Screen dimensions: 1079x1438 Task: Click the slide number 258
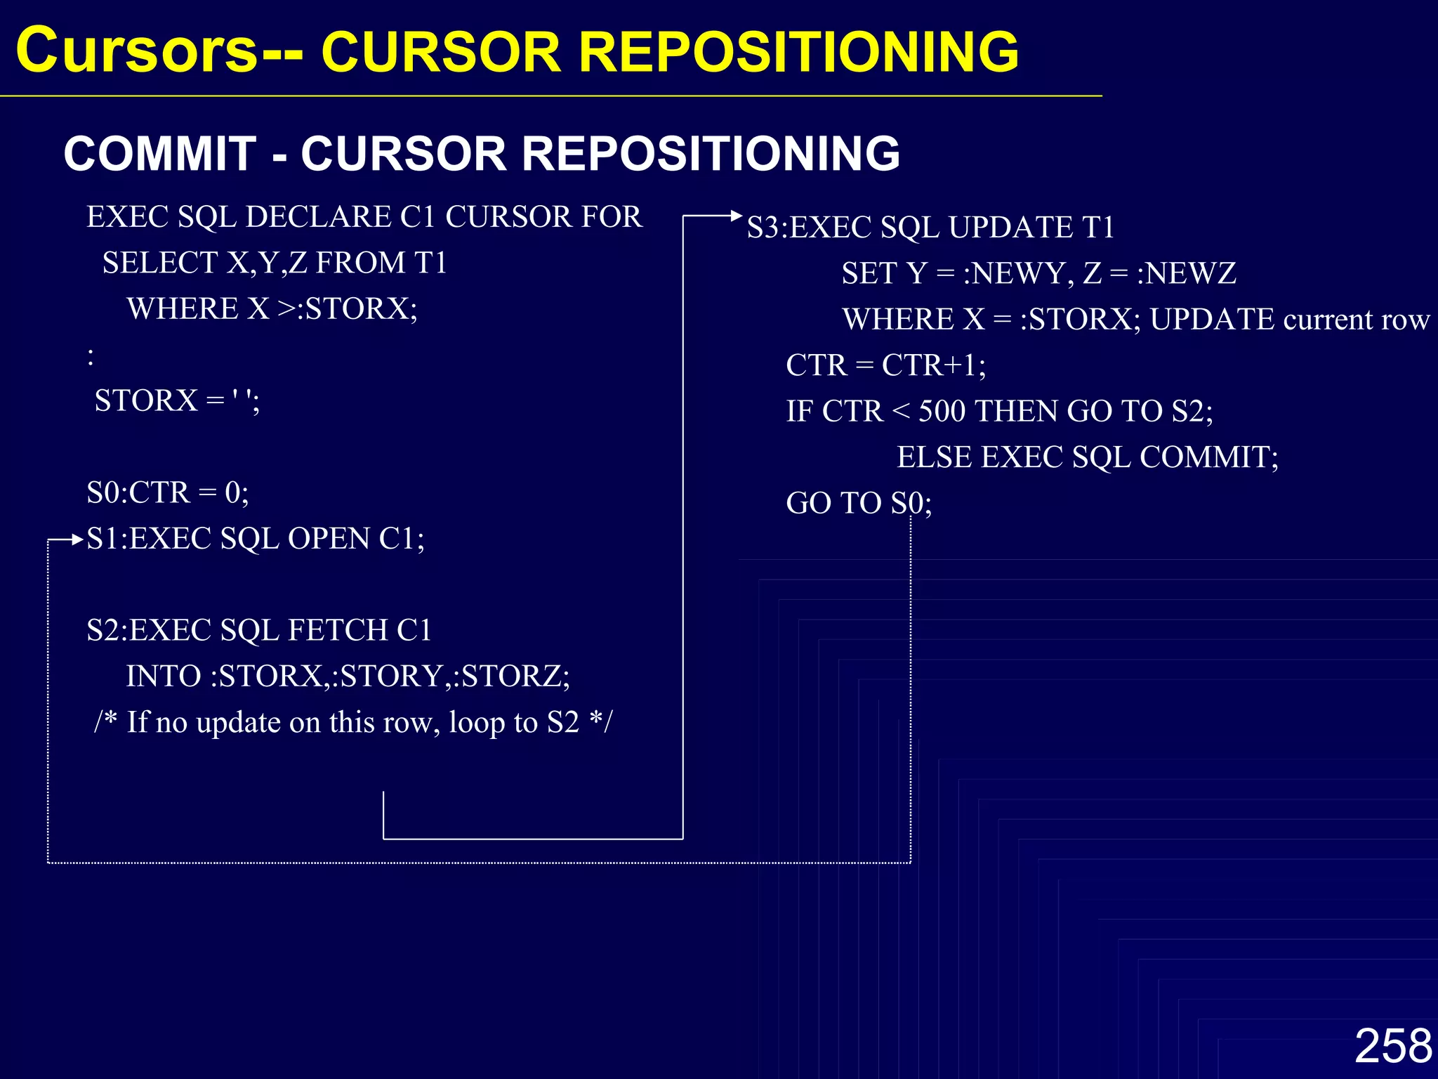click(1393, 1045)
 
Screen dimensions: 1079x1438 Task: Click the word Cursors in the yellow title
click(137, 51)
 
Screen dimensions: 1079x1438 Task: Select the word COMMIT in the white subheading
click(160, 153)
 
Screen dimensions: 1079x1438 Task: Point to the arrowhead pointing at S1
click(77, 539)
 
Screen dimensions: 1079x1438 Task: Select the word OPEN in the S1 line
click(329, 539)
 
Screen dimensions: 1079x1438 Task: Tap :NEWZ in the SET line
click(1187, 273)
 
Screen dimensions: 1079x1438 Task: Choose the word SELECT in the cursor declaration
click(159, 263)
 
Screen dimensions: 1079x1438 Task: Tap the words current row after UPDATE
click(1356, 320)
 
